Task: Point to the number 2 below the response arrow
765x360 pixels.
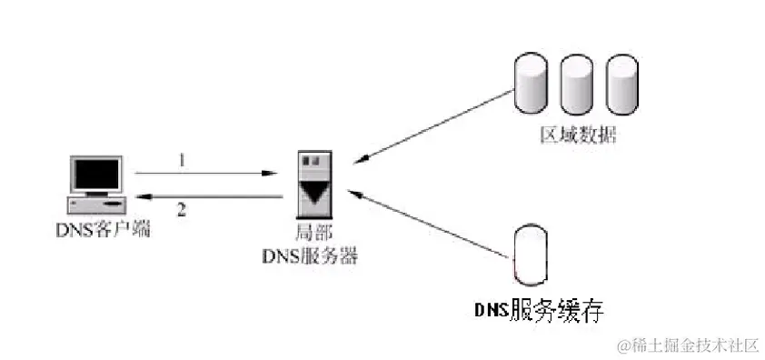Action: coord(182,209)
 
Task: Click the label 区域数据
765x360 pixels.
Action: coord(577,137)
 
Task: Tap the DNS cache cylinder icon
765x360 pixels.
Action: coord(530,253)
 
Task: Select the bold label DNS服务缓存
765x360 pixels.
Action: coord(540,309)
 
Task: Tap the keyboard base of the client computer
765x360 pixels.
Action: coord(94,202)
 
